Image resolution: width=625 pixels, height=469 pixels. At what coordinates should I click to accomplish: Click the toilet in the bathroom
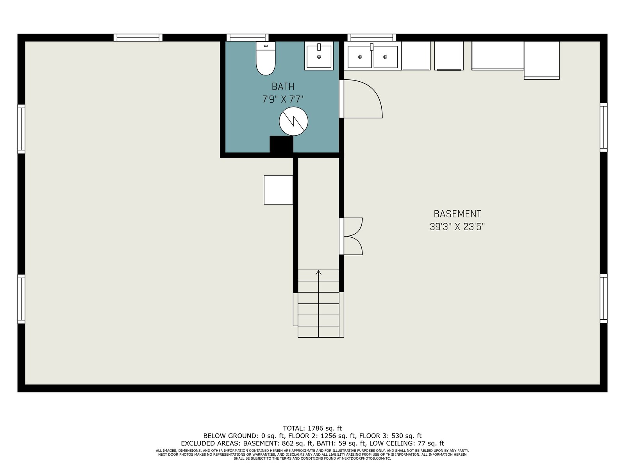(x=265, y=58)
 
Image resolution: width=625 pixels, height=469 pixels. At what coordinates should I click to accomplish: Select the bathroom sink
(x=319, y=56)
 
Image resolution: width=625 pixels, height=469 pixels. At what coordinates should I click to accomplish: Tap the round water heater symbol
(x=293, y=121)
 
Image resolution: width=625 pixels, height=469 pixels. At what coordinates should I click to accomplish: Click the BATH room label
(x=283, y=86)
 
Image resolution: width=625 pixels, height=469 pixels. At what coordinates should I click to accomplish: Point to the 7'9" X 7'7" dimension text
(x=283, y=99)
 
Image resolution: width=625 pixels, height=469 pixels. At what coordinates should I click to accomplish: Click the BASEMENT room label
(x=457, y=213)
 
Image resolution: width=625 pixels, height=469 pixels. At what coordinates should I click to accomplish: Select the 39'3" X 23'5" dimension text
(x=457, y=227)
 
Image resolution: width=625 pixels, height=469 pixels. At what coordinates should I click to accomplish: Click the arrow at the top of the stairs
(x=318, y=273)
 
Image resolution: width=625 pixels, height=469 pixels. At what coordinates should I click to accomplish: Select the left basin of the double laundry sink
(x=360, y=57)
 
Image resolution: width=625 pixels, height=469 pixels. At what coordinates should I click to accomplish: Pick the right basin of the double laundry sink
(x=386, y=57)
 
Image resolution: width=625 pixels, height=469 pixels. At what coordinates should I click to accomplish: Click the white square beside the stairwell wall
(x=278, y=190)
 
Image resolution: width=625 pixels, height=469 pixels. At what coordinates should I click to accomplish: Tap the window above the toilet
(x=247, y=38)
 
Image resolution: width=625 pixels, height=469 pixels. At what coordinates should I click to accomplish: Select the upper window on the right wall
(x=604, y=127)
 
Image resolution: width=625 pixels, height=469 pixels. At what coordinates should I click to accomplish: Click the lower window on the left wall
(x=21, y=299)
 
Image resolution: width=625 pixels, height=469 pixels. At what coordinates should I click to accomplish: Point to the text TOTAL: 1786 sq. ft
(x=312, y=428)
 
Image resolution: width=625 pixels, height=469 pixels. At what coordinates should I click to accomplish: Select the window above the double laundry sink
(x=371, y=38)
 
